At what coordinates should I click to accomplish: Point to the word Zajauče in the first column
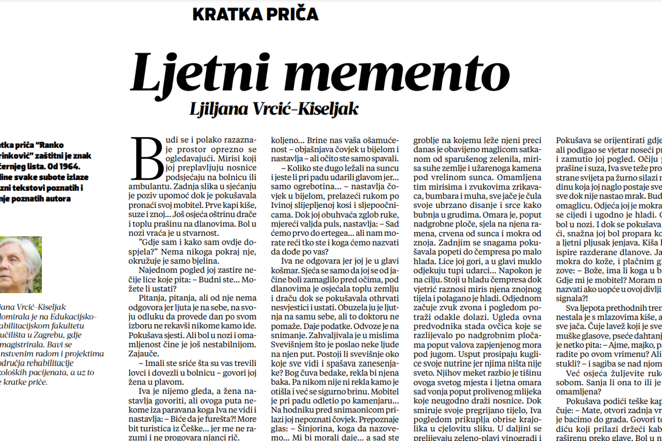145,354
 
